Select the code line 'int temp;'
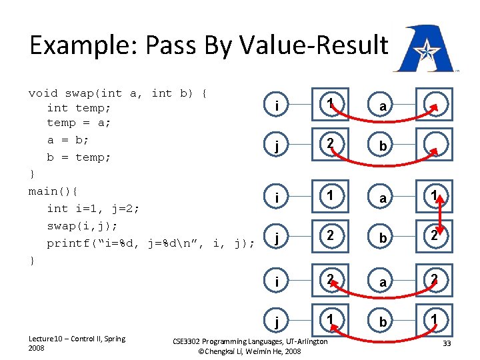click(78, 107)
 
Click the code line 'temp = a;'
click(78, 123)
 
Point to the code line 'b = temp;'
click(78, 157)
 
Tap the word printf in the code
click(68, 243)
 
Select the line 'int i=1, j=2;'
click(93, 209)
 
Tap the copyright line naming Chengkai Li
click(250, 351)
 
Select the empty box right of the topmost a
click(435, 105)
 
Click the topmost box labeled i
click(276, 105)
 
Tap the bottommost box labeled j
click(276, 323)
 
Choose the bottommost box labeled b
click(382, 323)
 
